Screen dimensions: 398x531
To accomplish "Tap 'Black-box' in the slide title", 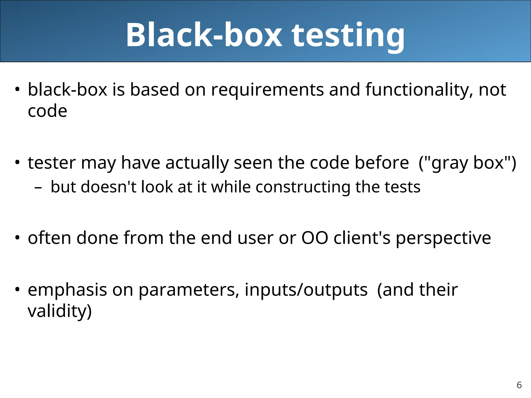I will [x=204, y=35].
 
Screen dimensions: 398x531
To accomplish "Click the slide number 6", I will [x=519, y=385].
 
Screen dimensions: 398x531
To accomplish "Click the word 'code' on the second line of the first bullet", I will [x=47, y=111].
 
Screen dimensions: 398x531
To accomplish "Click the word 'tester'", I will [x=52, y=163].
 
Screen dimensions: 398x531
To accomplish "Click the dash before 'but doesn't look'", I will [x=38, y=187].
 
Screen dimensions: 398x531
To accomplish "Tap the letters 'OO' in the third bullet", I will [x=315, y=238].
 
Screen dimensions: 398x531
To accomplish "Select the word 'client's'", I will [x=362, y=238].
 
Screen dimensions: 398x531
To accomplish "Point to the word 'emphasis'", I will [x=67, y=290].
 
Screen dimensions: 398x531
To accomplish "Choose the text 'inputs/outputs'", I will [x=306, y=290].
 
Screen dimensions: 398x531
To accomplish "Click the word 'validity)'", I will [x=60, y=311].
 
